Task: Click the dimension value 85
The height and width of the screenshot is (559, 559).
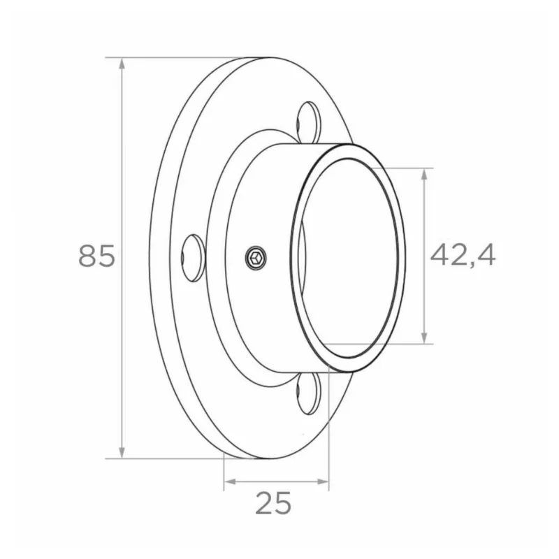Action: [96, 256]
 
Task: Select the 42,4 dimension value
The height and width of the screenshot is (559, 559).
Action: [462, 256]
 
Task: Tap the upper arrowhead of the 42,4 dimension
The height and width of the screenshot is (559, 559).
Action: [424, 174]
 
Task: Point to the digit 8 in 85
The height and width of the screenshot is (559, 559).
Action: [87, 256]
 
